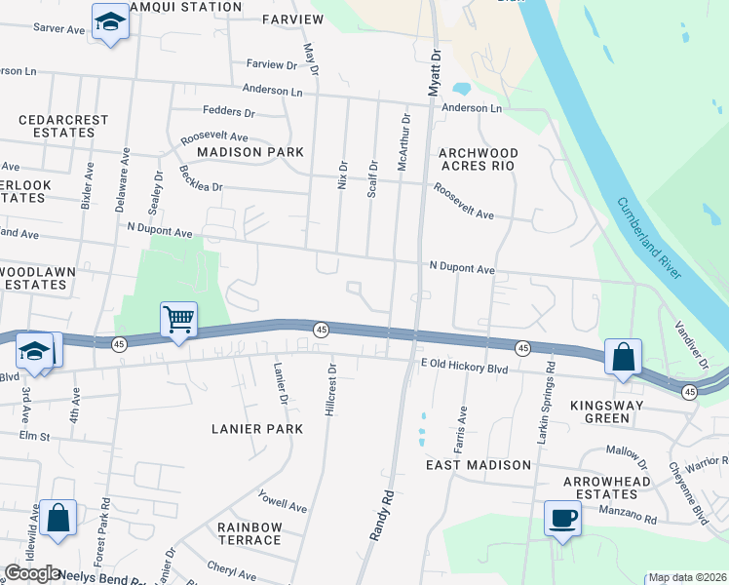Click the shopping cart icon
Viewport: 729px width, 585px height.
coord(179,319)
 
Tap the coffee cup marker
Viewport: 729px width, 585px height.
coord(562,518)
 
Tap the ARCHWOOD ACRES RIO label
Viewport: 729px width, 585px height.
coord(478,159)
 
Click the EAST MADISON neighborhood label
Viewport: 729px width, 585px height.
coord(478,465)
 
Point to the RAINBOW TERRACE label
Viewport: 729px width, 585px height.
coord(249,533)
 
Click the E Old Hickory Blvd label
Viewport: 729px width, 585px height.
coord(465,369)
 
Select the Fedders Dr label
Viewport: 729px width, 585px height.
coord(228,112)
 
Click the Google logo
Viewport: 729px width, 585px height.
coord(31,573)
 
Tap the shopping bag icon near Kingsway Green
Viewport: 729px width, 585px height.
coord(623,357)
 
